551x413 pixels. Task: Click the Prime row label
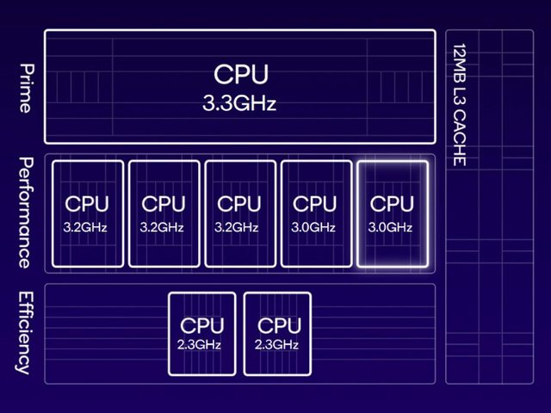(25, 88)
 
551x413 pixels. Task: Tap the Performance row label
(25, 213)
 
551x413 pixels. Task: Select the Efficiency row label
(25, 332)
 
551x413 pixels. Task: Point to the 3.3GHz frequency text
(239, 104)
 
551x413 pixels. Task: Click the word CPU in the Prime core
(240, 74)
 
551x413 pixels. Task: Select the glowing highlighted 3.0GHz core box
(392, 213)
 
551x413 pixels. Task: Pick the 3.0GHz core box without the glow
(316, 213)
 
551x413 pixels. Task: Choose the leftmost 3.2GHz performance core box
(87, 213)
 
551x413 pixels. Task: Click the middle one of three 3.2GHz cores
(164, 213)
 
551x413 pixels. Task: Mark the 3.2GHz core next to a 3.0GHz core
(239, 213)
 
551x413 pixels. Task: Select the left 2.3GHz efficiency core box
(201, 334)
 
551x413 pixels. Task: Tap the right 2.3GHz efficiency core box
(278, 334)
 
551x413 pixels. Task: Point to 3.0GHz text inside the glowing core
(392, 227)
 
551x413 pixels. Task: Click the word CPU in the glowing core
(392, 204)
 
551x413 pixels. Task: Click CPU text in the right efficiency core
(279, 326)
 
